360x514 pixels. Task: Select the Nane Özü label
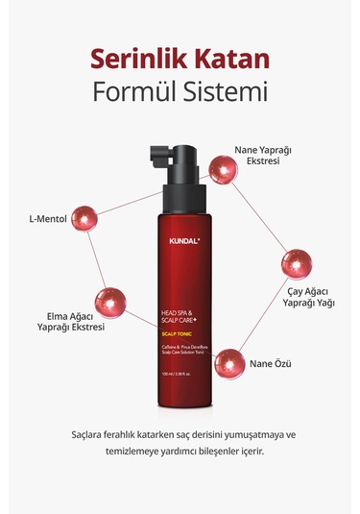tap(283, 365)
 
